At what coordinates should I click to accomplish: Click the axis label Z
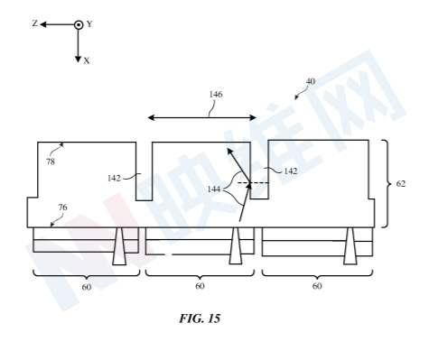pos(35,23)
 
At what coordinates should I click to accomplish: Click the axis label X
pos(87,61)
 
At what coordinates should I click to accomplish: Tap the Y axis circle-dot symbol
pos(79,24)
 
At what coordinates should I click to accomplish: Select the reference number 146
pos(216,95)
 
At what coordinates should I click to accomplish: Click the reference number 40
pos(311,81)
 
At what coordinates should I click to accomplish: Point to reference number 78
pos(51,162)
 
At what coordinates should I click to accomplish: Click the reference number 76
pos(62,208)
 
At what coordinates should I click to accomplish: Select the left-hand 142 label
pos(114,179)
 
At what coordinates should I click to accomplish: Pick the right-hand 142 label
pos(291,171)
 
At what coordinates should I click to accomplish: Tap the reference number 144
pos(214,189)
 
